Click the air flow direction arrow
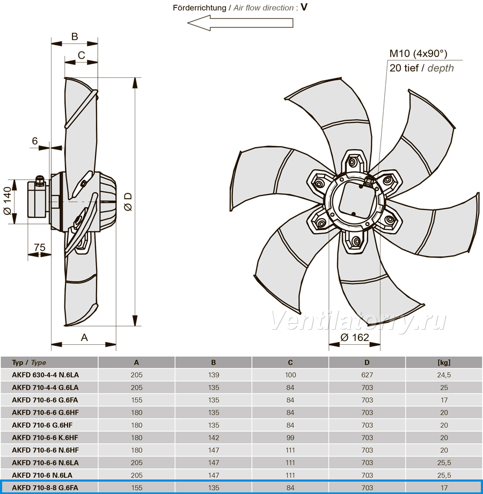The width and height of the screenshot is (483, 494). [x=240, y=23]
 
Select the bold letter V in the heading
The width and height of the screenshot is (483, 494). [x=304, y=7]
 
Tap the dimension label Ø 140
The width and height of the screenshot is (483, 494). [x=8, y=201]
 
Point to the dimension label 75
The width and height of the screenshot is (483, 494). [x=40, y=248]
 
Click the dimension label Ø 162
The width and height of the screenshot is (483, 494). [x=355, y=337]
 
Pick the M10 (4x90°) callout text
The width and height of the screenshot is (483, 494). [x=418, y=54]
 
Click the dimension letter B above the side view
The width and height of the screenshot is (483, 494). [x=75, y=37]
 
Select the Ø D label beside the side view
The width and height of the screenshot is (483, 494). [x=128, y=202]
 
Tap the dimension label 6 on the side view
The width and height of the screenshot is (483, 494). [x=35, y=141]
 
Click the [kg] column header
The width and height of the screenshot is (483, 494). [x=444, y=362]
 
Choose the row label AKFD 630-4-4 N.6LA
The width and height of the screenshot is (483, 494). [x=45, y=375]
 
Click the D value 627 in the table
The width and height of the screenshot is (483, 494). [x=367, y=375]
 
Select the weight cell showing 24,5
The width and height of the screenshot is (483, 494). [x=444, y=375]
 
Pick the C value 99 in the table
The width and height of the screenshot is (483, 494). [x=290, y=438]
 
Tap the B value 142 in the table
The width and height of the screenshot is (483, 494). [x=214, y=438]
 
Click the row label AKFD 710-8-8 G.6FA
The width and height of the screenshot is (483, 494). [x=45, y=488]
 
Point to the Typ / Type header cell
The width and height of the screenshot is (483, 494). [x=29, y=362]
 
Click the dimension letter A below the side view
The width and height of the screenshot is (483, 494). [x=84, y=338]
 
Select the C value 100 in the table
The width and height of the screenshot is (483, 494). [x=290, y=375]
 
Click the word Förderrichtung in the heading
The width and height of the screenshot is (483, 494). [x=200, y=8]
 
